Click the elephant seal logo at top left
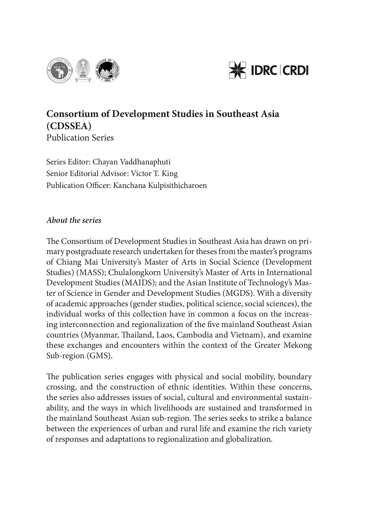(59, 70)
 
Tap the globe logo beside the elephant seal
(107, 70)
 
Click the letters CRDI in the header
(296, 70)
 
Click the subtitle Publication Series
(80, 138)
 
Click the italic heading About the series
(74, 220)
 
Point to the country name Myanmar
(99, 335)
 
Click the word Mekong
(298, 345)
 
